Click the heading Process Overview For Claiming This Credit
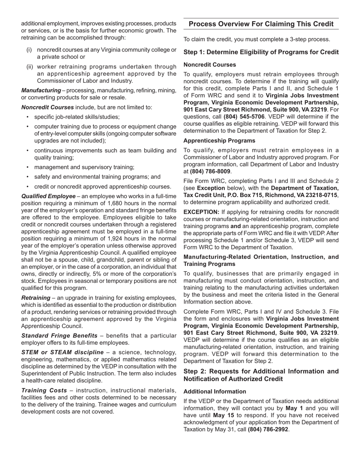tap(261, 24)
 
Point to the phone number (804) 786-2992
tap(268, 429)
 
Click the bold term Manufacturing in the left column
tap(41, 91)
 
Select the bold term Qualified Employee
tap(49, 196)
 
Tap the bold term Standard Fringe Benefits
tap(59, 336)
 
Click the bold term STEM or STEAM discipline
tap(62, 352)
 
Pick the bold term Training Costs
tap(45, 390)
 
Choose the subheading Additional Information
tap(214, 391)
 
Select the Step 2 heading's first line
tap(261, 371)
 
